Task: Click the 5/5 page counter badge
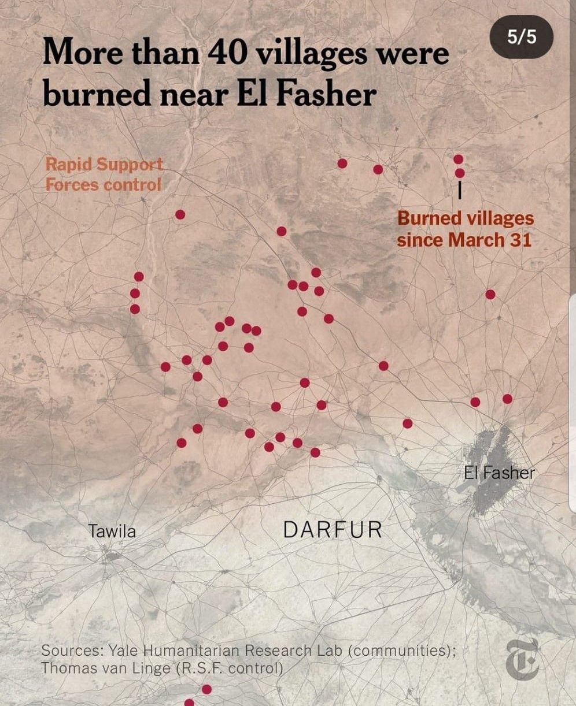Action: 522,38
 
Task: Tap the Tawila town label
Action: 112,532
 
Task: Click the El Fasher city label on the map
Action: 499,473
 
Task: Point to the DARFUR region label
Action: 333,530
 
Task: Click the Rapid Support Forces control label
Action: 104,174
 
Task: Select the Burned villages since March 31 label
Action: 464,229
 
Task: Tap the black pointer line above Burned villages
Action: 459,191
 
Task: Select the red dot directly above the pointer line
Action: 460,173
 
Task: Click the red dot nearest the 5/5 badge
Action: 458,159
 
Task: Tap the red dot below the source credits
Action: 206,689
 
